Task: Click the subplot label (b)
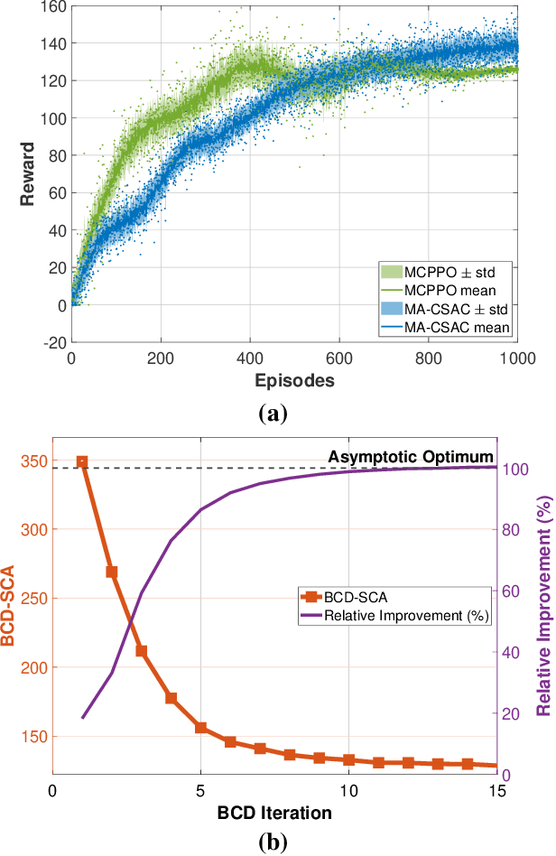point(273,842)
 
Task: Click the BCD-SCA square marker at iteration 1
point(82,462)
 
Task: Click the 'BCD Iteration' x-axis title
point(274,813)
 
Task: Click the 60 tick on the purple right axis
point(512,591)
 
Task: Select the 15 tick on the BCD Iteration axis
point(496,791)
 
